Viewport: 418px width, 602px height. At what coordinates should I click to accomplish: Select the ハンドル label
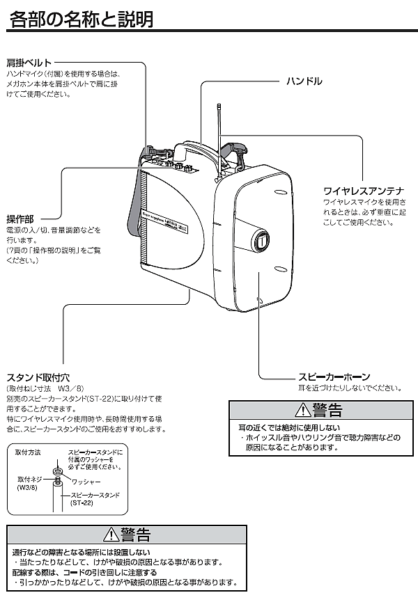point(304,81)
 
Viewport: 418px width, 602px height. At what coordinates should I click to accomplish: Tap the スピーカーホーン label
point(334,377)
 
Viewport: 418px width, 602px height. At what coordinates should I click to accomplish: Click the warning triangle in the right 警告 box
point(302,409)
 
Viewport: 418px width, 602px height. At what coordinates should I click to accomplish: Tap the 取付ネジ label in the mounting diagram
point(30,480)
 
